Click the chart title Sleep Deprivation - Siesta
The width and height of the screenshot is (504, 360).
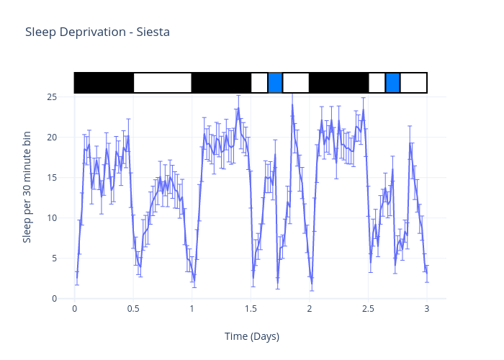pos(97,32)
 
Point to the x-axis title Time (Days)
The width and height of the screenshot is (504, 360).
pos(251,336)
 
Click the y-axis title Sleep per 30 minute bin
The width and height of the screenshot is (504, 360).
pos(27,187)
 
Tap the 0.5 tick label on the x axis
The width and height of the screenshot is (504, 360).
pos(133,309)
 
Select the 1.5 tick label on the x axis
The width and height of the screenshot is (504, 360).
pos(251,309)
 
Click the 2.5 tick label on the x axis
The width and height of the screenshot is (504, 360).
pos(368,309)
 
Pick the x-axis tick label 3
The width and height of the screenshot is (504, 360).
pos(426,309)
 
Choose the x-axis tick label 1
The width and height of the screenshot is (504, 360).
pos(192,309)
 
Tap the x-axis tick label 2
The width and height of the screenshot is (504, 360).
pos(309,309)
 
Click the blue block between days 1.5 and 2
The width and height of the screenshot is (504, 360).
pos(275,83)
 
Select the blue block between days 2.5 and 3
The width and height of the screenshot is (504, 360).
pos(392,83)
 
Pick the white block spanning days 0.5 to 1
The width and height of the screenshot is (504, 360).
pos(163,83)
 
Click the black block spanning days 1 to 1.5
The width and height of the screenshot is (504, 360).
pos(221,83)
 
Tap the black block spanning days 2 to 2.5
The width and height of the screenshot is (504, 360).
pos(338,83)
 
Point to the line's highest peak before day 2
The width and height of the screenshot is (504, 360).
pos(292,105)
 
